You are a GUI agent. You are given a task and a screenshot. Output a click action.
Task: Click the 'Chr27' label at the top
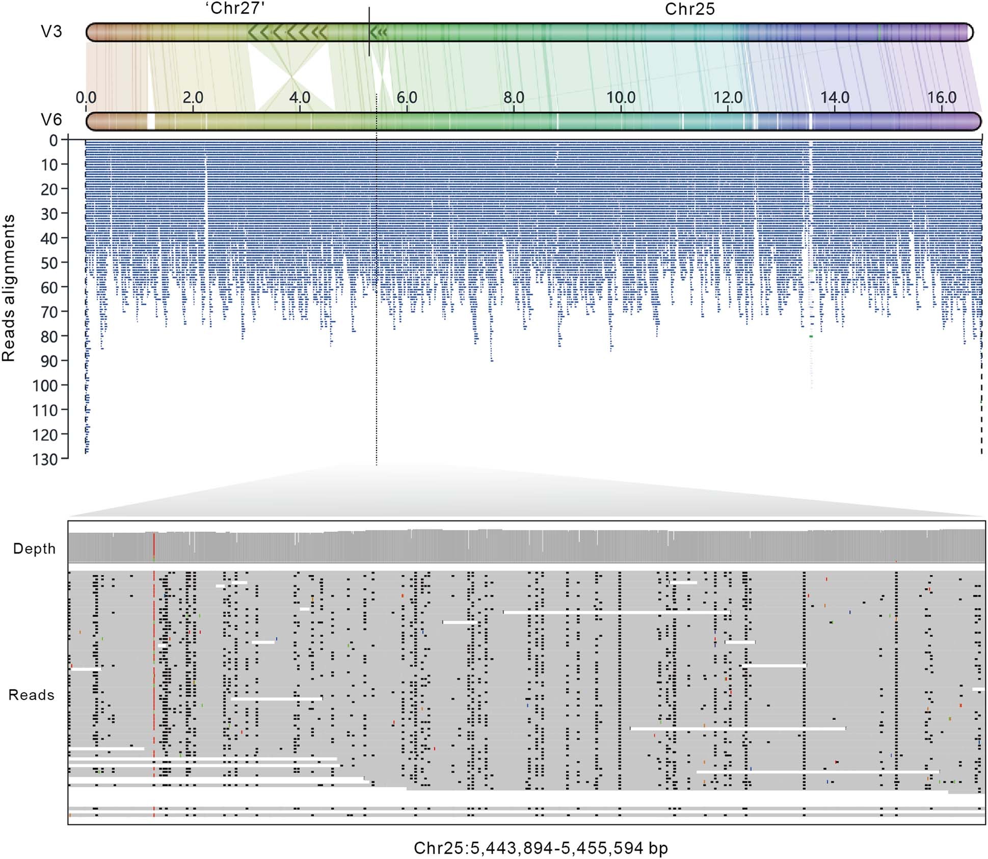pyautogui.click(x=235, y=9)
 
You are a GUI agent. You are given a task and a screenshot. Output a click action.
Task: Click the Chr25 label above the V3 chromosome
pyautogui.click(x=689, y=9)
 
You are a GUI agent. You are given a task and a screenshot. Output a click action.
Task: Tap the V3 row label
pyautogui.click(x=51, y=32)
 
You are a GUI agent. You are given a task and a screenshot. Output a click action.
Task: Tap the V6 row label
pyautogui.click(x=51, y=120)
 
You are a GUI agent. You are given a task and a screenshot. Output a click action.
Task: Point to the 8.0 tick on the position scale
pyautogui.click(x=514, y=97)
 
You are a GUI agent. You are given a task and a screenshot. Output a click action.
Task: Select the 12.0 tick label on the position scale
pyautogui.click(x=728, y=97)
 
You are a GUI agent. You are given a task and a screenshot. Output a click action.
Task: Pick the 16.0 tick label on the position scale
pyautogui.click(x=942, y=97)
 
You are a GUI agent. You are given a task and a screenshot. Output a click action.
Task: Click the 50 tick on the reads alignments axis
pyautogui.click(x=49, y=263)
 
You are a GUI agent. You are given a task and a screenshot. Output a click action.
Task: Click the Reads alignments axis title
pyautogui.click(x=9, y=288)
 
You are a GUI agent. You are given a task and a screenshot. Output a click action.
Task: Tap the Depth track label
pyautogui.click(x=34, y=549)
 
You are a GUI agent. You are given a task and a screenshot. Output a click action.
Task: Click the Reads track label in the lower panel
pyautogui.click(x=31, y=695)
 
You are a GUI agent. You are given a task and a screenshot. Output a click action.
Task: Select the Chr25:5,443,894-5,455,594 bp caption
pyautogui.click(x=541, y=848)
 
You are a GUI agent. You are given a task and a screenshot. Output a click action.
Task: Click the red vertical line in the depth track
pyautogui.click(x=153, y=545)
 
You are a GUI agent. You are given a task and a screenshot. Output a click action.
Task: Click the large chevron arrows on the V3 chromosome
pyautogui.click(x=288, y=32)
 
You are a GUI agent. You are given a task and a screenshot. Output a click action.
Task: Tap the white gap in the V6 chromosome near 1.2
pyautogui.click(x=150, y=121)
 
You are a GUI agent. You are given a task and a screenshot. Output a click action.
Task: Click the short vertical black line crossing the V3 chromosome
pyautogui.click(x=369, y=31)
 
